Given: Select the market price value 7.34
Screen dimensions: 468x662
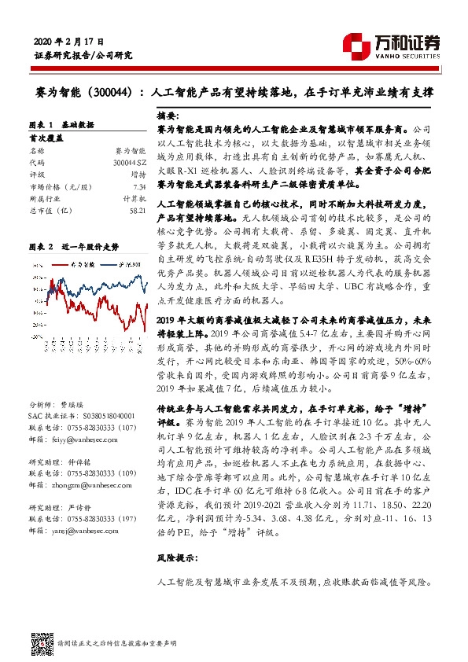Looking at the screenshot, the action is pos(138,186).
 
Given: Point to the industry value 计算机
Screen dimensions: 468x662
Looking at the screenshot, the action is pos(135,200).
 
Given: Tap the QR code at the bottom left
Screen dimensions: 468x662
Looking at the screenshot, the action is pos(39,639).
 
